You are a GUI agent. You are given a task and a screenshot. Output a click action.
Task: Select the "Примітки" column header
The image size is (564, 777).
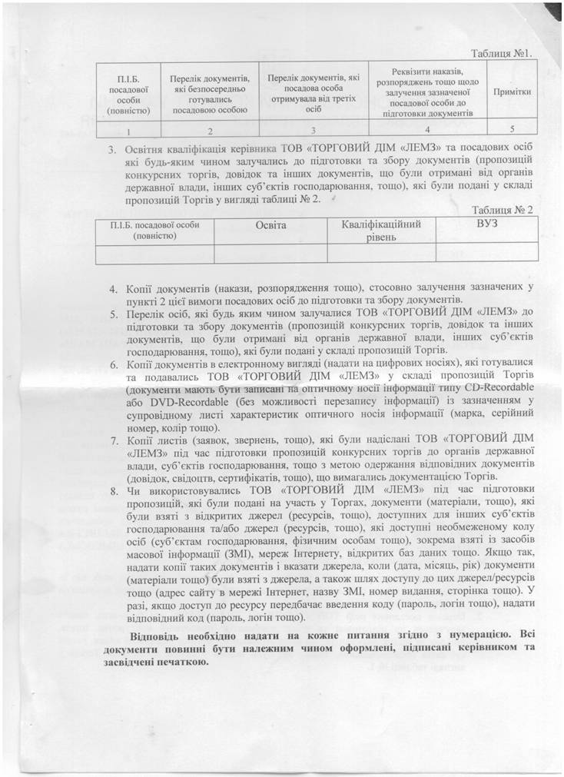[512, 91]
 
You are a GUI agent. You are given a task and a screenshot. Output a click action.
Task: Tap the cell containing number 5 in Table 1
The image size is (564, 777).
[512, 128]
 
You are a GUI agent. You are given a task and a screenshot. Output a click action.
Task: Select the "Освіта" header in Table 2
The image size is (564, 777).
[270, 224]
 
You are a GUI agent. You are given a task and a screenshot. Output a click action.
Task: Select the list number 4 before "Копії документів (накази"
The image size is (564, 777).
[112, 288]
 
